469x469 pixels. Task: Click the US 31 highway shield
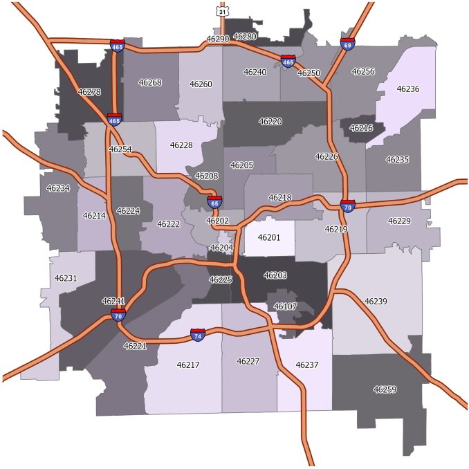(221, 12)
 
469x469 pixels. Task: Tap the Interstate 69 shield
(347, 44)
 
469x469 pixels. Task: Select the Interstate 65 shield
(214, 202)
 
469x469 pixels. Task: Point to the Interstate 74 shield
(198, 335)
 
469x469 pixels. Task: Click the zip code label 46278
(89, 91)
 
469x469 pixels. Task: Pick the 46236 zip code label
(407, 89)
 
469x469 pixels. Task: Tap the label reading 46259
(385, 389)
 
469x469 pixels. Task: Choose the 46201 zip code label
(269, 237)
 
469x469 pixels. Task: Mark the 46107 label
(285, 306)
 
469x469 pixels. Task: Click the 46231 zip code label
(66, 278)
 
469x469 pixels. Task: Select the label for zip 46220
(270, 121)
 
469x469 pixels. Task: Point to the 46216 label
(361, 128)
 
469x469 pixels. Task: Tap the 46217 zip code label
(188, 365)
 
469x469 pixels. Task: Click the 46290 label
(217, 39)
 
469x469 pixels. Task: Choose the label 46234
(58, 187)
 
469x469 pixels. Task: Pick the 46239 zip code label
(376, 301)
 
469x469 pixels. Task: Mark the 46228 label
(181, 145)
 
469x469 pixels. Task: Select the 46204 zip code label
(221, 248)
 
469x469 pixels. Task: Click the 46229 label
(399, 221)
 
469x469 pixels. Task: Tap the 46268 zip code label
(150, 82)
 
